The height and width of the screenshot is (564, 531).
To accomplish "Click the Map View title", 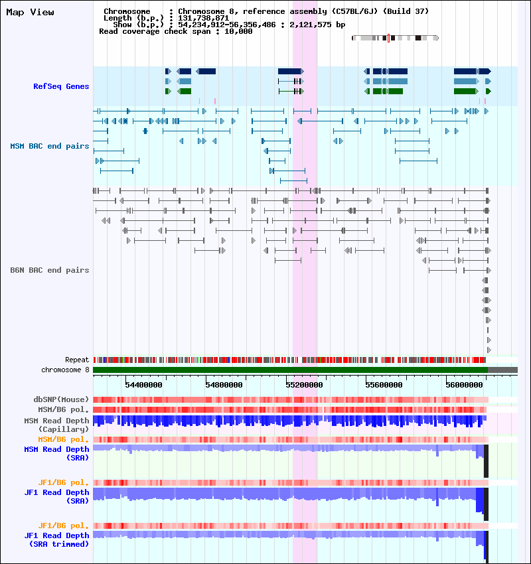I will pos(31,12).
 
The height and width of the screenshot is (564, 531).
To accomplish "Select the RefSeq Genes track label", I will pos(61,86).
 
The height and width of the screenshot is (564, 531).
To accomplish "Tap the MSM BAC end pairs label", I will pos(50,146).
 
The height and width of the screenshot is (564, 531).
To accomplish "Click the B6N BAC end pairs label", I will pos(50,270).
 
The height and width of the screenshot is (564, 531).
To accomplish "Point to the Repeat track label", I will pos(77,360).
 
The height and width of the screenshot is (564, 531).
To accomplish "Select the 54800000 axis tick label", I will pos(224,384).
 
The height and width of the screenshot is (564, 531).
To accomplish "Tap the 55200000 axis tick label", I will pos(304,384).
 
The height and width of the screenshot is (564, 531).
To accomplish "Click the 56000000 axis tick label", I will pos(465,384).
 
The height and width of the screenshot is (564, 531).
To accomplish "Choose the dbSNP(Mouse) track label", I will pos(61,399).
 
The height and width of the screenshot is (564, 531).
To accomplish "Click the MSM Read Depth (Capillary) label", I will pos(56,425).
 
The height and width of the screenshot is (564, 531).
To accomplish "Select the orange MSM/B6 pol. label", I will pos(64,439).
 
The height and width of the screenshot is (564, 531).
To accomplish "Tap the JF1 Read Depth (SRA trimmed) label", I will pos(56,539).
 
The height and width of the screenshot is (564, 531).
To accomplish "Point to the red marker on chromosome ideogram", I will pos(388,38).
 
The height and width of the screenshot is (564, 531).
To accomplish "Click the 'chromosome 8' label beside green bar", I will pos(65,370).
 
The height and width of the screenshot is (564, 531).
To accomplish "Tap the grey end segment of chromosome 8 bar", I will pos(502,370).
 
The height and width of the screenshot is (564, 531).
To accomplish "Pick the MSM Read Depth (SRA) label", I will pos(56,453).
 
